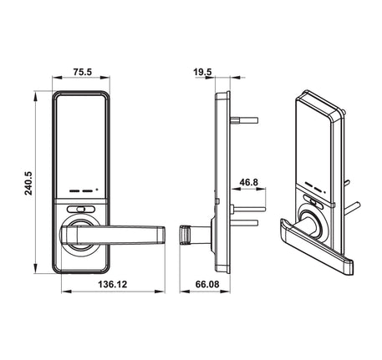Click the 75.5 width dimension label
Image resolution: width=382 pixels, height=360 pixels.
pos(81,72)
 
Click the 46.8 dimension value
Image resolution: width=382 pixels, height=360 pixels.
pos(248,182)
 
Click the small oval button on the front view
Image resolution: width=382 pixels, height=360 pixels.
pos(80,211)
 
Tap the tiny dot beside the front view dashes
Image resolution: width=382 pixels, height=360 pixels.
pos(98,189)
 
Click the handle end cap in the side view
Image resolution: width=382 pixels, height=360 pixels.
pos(185,235)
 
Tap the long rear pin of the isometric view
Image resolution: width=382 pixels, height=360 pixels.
pos(354,204)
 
